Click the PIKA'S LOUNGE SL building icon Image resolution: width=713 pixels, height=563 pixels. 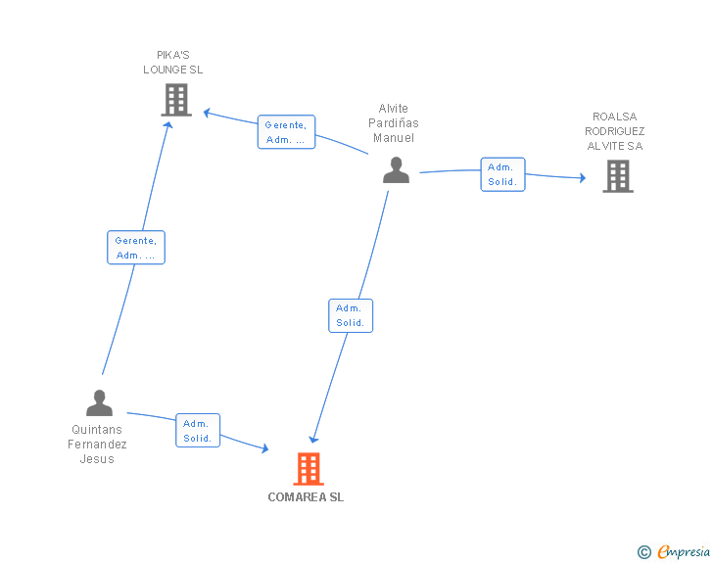click(x=175, y=100)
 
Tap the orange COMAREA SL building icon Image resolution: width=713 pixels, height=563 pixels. click(x=309, y=469)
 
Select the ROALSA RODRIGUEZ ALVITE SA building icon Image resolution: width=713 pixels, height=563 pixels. click(x=617, y=175)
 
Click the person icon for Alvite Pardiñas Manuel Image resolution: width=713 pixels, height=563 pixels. click(x=396, y=170)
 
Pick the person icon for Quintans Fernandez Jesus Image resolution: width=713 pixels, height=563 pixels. click(x=99, y=402)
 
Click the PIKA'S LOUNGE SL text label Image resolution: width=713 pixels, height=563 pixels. click(x=173, y=63)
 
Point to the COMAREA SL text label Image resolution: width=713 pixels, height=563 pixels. click(x=306, y=496)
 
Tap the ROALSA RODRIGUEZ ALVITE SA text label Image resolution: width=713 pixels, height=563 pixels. click(x=615, y=131)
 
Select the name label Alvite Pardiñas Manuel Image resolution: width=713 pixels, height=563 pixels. click(x=394, y=123)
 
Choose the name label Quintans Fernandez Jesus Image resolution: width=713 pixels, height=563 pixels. click(x=98, y=445)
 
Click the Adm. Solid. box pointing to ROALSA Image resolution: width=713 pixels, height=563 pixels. click(x=502, y=174)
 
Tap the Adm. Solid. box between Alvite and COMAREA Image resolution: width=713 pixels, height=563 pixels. click(x=351, y=315)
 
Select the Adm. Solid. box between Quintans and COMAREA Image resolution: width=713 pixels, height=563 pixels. click(x=198, y=431)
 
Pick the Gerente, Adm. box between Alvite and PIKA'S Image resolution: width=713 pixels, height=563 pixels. click(x=286, y=132)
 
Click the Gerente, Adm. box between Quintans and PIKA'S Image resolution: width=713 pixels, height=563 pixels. click(x=135, y=248)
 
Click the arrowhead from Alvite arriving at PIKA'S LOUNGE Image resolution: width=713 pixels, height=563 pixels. click(x=208, y=113)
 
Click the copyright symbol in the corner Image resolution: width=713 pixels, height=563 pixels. click(x=644, y=552)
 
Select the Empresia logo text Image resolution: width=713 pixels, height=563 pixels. click(x=684, y=552)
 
